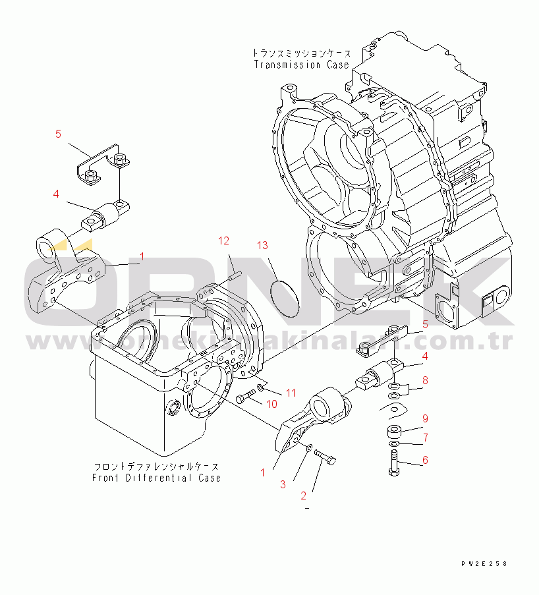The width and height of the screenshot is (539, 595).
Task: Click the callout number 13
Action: click(x=262, y=246)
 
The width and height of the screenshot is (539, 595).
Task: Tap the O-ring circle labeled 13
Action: click(x=285, y=298)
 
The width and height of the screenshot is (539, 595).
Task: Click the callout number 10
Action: click(x=271, y=403)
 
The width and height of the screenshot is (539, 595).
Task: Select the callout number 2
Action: click(x=304, y=496)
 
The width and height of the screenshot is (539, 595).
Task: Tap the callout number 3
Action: click(x=283, y=484)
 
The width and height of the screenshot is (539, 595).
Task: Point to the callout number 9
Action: click(x=426, y=418)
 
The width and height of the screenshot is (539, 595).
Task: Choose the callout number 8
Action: click(x=426, y=380)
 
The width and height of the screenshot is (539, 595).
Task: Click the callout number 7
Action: click(x=426, y=437)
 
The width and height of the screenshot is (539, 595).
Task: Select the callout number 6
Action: click(x=426, y=460)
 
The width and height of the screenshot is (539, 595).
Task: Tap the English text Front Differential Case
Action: click(x=157, y=478)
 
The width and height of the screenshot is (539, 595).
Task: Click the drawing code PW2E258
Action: click(x=485, y=564)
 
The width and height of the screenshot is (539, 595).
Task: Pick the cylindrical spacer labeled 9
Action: click(x=395, y=432)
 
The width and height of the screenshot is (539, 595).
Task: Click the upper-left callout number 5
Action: click(x=58, y=134)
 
